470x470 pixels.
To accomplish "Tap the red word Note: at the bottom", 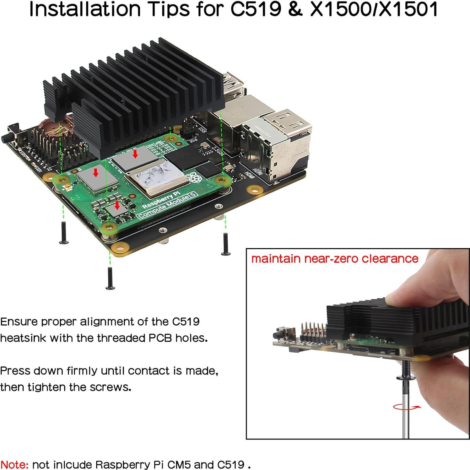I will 15,464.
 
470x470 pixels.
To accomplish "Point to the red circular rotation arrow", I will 407,407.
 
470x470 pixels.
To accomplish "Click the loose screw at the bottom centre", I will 110,278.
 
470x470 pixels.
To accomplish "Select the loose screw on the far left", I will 64,233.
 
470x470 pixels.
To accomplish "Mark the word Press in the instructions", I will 15,371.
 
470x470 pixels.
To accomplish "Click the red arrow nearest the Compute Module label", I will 117,205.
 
